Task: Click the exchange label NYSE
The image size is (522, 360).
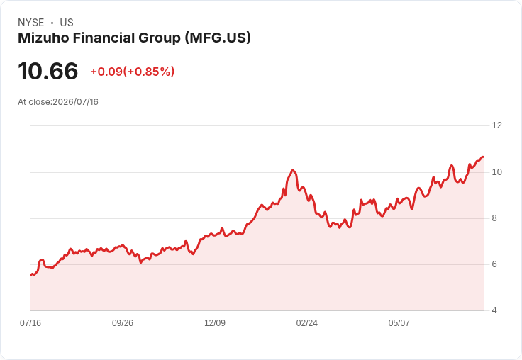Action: pyautogui.click(x=31, y=23)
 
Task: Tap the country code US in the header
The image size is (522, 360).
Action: pyautogui.click(x=67, y=23)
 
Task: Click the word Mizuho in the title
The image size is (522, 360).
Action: pyautogui.click(x=43, y=38)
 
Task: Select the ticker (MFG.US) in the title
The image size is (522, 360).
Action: pyautogui.click(x=218, y=38)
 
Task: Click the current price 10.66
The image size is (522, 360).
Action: pyautogui.click(x=48, y=71)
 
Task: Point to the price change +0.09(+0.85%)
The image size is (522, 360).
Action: pyautogui.click(x=133, y=72)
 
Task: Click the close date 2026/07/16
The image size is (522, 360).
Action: pyautogui.click(x=76, y=102)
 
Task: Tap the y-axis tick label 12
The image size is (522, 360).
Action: pyautogui.click(x=497, y=125)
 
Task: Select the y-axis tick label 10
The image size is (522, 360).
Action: pyautogui.click(x=497, y=172)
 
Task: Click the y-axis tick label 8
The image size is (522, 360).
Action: pyautogui.click(x=494, y=218)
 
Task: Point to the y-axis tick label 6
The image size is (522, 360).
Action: pyautogui.click(x=494, y=264)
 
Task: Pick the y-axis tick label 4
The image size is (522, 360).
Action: pyautogui.click(x=494, y=310)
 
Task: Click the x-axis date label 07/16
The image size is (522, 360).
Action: pyautogui.click(x=30, y=323)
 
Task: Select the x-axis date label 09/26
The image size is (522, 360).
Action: pyautogui.click(x=123, y=323)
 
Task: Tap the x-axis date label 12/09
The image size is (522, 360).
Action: pyautogui.click(x=215, y=323)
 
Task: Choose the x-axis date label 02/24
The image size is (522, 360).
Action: pyautogui.click(x=307, y=323)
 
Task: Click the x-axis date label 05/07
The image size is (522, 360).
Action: pyautogui.click(x=399, y=323)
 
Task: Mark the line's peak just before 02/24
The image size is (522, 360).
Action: pyautogui.click(x=293, y=170)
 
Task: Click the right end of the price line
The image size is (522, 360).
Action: pyautogui.click(x=484, y=157)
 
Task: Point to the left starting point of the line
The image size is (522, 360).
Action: pyautogui.click(x=30, y=275)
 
